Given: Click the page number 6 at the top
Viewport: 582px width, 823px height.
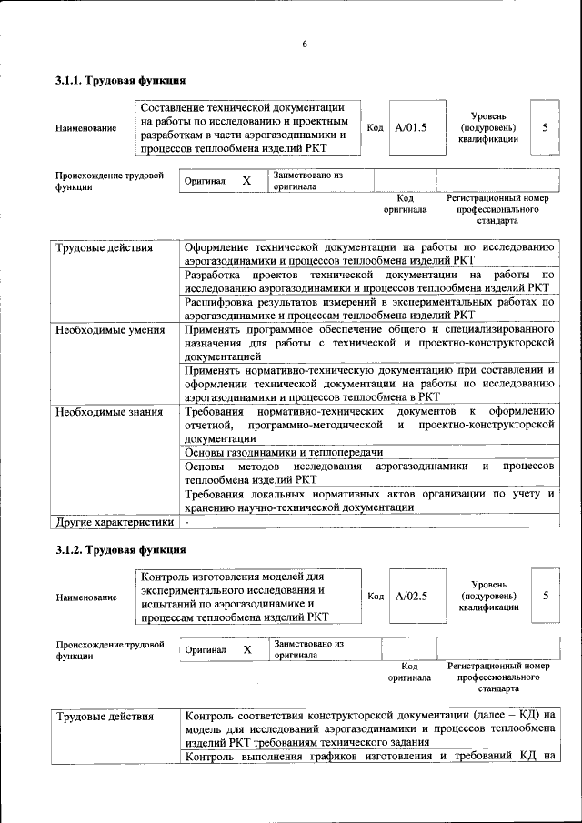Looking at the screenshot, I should click(305, 45).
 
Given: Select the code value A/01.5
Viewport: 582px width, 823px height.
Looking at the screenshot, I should click(411, 127).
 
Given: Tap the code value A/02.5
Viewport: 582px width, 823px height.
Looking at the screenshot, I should click(411, 596).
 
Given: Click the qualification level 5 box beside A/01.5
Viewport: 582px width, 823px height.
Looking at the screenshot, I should click(545, 127).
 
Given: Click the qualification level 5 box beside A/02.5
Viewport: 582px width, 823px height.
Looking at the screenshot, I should click(545, 596).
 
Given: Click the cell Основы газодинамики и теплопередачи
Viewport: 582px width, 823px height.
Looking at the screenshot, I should click(283, 451).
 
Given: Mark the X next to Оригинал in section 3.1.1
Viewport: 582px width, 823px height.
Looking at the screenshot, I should click(246, 181).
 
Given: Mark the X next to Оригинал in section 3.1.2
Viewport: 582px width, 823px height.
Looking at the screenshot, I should click(246, 649).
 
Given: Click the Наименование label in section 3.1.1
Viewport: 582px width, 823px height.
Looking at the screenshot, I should click(85, 128).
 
